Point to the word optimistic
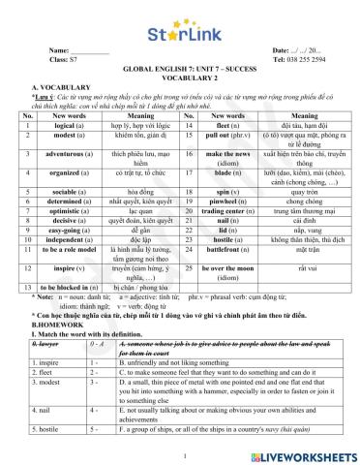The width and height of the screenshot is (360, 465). pyautogui.click(x=71, y=235)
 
